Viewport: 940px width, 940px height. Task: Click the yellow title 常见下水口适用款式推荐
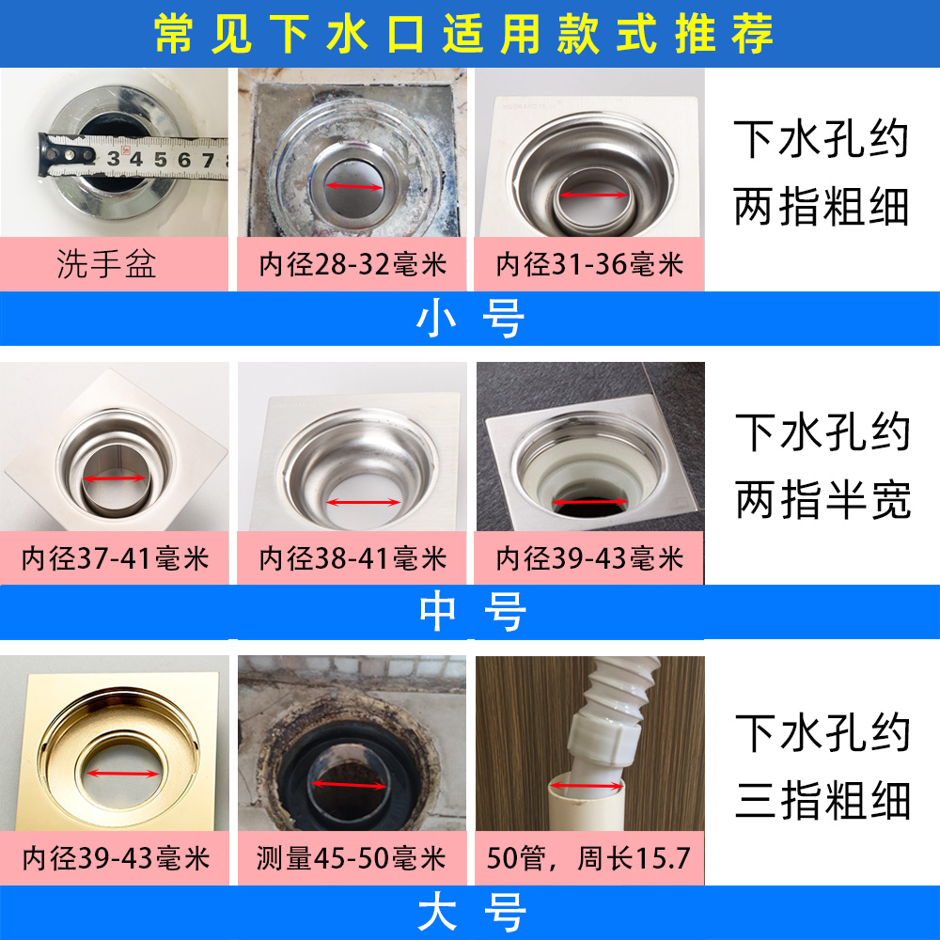pos(463,34)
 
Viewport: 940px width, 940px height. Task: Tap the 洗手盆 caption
pos(107,264)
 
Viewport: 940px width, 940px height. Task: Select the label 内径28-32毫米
pos(352,264)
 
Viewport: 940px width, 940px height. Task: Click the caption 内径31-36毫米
pos(589,264)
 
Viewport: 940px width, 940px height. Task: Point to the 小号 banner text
pos(471,319)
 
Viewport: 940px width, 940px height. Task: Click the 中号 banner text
pos(473,612)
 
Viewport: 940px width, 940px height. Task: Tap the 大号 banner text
pos(473,912)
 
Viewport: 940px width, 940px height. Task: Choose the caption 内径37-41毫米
pos(115,558)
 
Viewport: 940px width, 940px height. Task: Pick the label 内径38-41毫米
pos(352,558)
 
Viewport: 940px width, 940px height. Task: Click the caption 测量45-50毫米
pos(352,858)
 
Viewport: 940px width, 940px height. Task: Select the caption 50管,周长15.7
pos(588,858)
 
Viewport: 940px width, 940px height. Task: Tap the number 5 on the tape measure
pos(160,160)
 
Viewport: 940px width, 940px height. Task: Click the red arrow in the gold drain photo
pos(122,774)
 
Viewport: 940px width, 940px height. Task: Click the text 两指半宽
pos(823,499)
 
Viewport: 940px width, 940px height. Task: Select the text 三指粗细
pos(823,800)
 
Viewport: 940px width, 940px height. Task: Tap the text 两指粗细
pos(822,206)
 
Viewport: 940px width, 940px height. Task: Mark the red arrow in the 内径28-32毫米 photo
pos(353,186)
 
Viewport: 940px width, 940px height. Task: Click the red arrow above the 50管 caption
pos(587,785)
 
